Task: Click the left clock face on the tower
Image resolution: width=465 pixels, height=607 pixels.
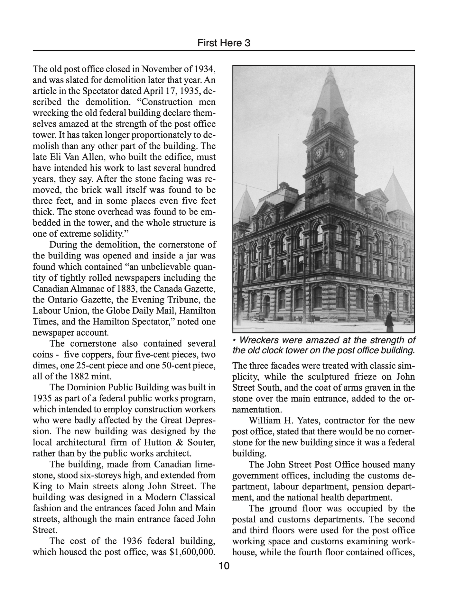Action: pyautogui.click(x=318, y=153)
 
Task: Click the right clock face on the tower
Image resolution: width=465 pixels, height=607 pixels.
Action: pyautogui.click(x=341, y=153)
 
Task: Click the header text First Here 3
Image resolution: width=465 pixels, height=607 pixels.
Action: pyautogui.click(x=224, y=43)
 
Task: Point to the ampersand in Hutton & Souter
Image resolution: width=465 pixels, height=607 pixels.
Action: pyautogui.click(x=180, y=442)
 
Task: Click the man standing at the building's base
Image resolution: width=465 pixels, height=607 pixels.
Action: pyautogui.click(x=313, y=318)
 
